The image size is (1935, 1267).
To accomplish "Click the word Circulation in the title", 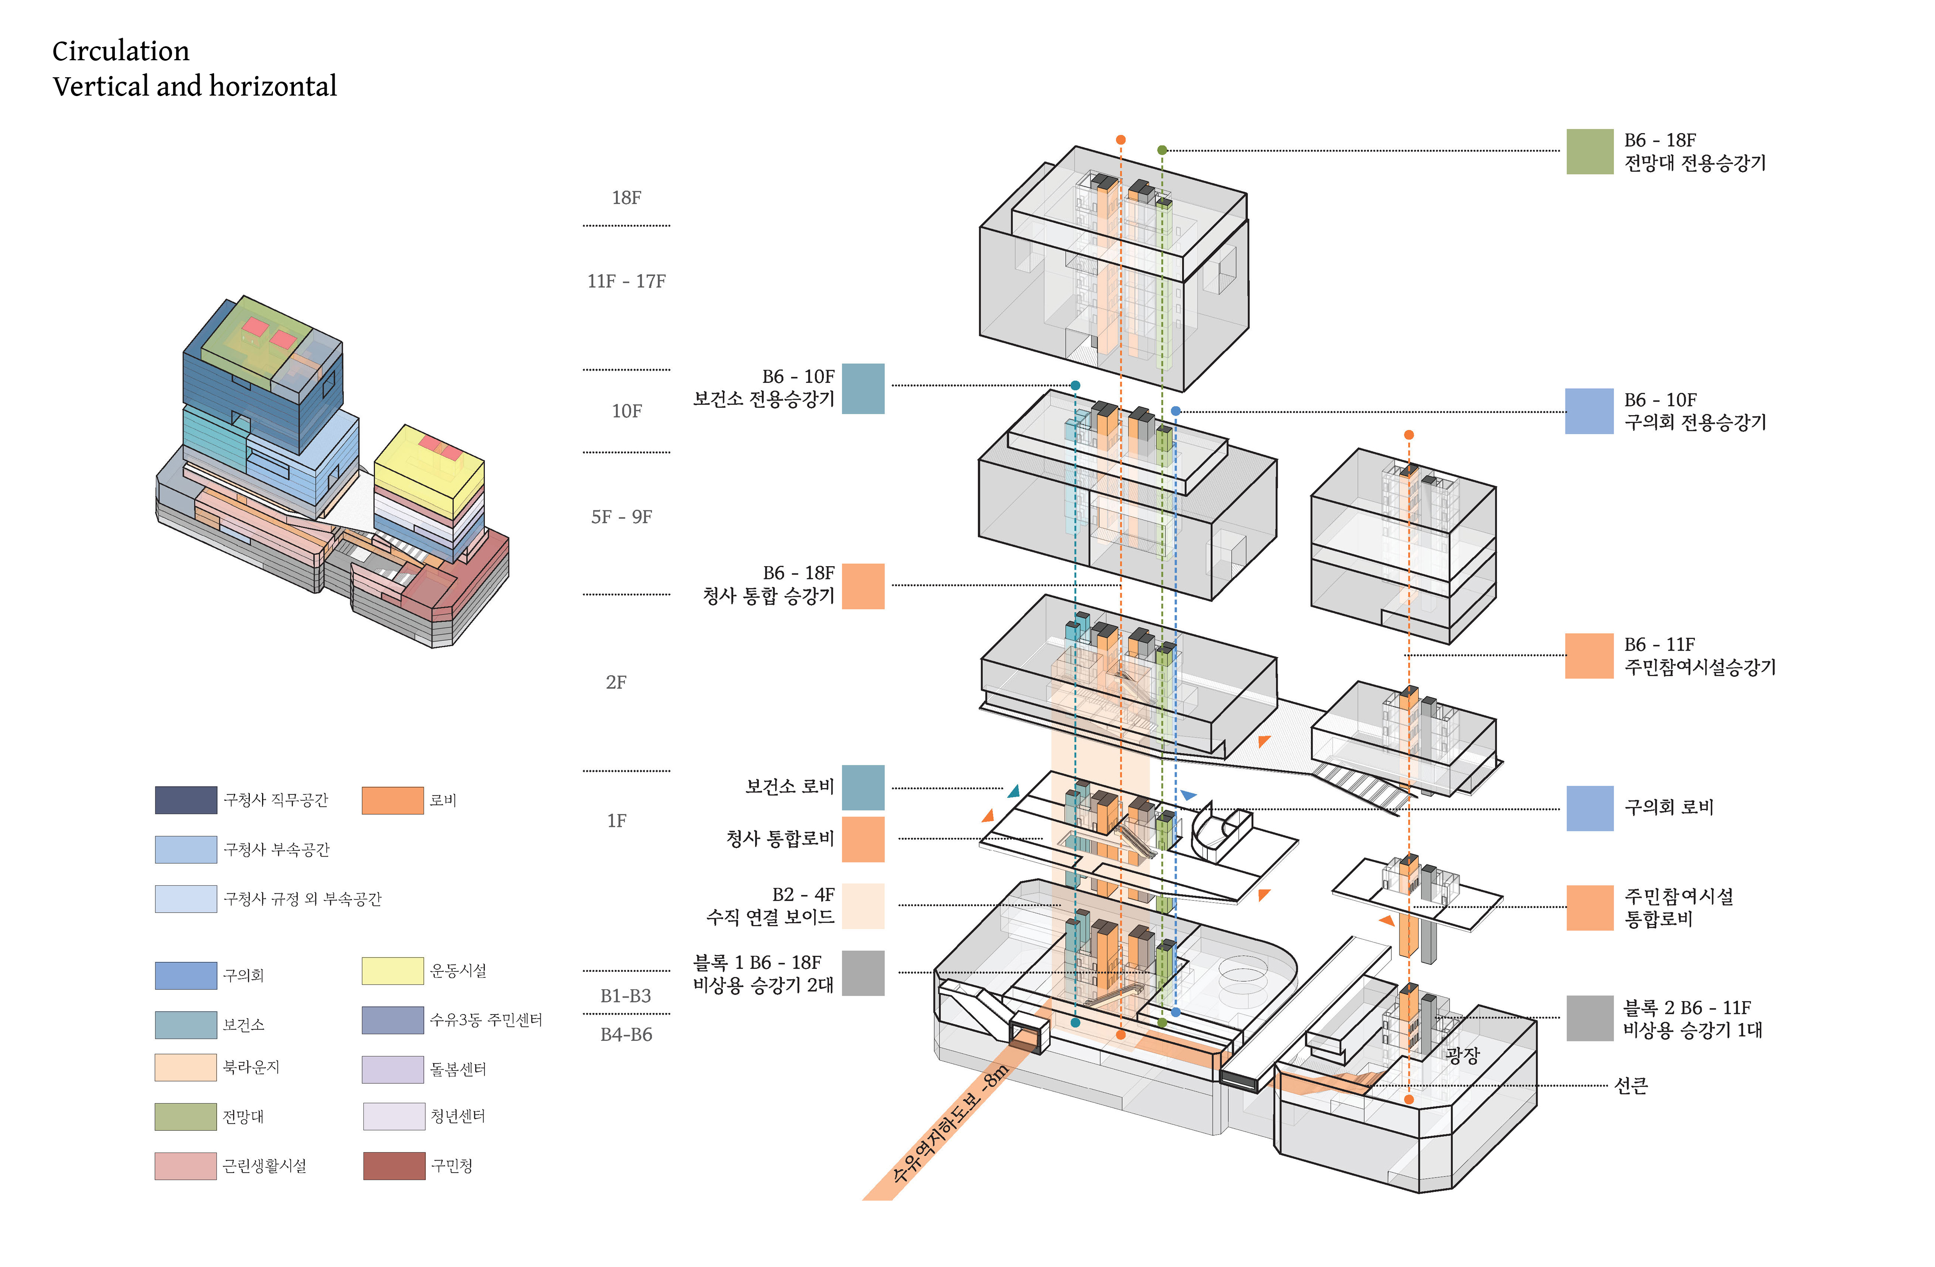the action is (120, 51).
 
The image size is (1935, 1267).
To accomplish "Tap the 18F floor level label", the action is (626, 197).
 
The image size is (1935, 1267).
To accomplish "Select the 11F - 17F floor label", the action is (626, 281).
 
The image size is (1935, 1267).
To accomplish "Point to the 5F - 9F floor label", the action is (621, 517).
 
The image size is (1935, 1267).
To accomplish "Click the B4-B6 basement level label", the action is (626, 1035).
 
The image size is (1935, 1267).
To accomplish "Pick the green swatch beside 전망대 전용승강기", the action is (1589, 151).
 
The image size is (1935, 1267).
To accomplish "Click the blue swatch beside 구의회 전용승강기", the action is (1589, 411).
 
